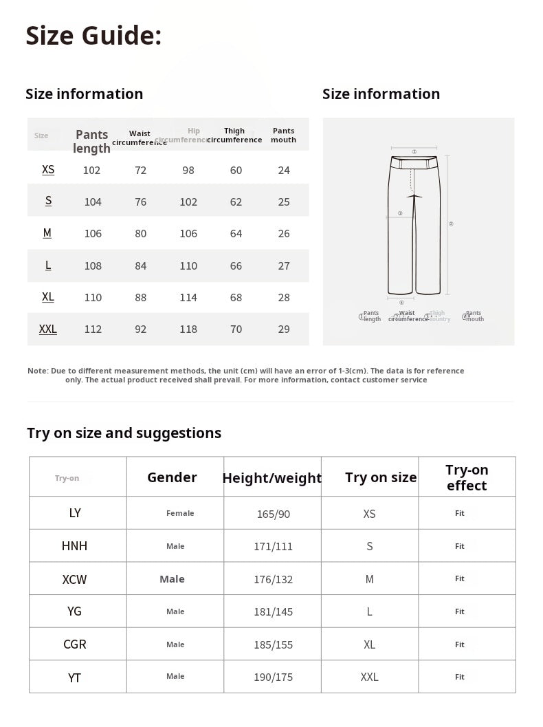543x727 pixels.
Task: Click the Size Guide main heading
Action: pos(93,36)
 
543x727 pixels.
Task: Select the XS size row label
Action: pos(48,169)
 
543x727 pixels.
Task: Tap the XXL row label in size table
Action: pos(48,329)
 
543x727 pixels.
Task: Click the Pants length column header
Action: pos(92,141)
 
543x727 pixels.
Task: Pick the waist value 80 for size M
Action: pos(141,233)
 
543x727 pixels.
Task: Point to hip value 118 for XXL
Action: pos(188,329)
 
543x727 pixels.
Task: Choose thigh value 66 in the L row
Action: pos(236,265)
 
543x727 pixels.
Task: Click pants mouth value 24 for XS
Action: pos(284,170)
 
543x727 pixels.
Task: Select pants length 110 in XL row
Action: pos(93,297)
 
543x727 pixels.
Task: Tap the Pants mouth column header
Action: pos(283,135)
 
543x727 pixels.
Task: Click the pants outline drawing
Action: pos(414,227)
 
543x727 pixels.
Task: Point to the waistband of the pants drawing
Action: pos(414,163)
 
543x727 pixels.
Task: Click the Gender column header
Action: pos(172,477)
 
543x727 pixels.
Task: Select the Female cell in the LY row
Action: pos(180,513)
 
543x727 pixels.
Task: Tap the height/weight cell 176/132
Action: pos(273,579)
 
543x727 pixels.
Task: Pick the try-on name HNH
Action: pos(74,546)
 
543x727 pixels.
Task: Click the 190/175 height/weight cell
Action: pos(273,677)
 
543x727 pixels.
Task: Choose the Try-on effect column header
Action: pos(467,477)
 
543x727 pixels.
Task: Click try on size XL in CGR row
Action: pos(369,644)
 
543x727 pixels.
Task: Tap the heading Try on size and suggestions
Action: pos(124,433)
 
